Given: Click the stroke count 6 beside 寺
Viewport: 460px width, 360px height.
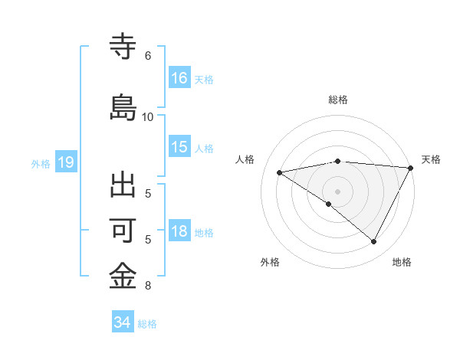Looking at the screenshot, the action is (147, 56).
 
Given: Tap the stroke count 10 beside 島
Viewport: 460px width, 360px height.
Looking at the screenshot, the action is (148, 116).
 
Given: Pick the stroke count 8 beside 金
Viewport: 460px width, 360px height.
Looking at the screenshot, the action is (147, 286).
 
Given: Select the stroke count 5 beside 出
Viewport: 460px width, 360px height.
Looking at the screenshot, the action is (147, 193).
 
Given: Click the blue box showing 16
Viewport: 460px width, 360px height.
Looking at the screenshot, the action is (179, 77).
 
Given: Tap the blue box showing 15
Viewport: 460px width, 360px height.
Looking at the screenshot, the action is (179, 147).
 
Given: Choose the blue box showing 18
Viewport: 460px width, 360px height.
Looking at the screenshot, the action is (179, 232).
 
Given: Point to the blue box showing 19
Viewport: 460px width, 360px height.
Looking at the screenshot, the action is (65, 162).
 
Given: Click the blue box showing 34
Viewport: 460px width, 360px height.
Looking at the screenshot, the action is (122, 322).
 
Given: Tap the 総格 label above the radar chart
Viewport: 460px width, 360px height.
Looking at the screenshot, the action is (338, 100).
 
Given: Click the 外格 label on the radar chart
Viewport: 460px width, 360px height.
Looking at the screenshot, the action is (270, 262).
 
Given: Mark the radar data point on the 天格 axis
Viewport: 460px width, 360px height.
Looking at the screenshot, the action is (411, 168).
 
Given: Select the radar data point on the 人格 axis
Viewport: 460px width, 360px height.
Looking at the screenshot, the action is (280, 172).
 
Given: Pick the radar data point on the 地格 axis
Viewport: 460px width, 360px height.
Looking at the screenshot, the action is (374, 241).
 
